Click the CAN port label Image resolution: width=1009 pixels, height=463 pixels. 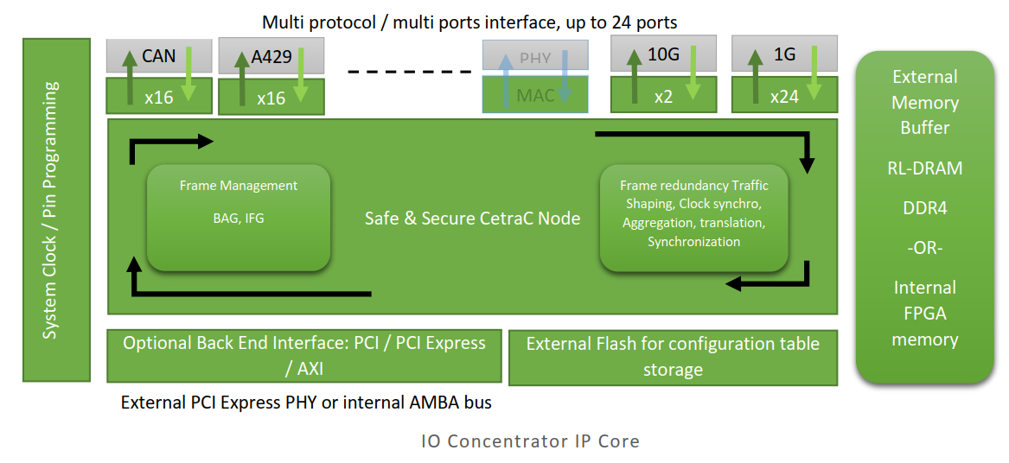[159, 56]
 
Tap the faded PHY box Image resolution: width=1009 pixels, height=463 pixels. [535, 59]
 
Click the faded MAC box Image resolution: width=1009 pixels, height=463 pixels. [535, 95]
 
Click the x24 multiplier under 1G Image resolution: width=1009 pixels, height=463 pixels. [784, 97]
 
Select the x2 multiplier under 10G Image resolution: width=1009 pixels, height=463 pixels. [663, 97]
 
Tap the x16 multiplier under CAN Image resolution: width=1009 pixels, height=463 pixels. [159, 97]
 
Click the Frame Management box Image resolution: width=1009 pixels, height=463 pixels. [238, 217]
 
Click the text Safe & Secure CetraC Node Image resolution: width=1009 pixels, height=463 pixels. [472, 218]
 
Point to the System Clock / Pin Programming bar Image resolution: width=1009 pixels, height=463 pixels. [56, 209]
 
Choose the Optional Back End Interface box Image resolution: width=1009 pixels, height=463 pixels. [303, 355]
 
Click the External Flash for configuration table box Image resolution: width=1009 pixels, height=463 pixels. [673, 356]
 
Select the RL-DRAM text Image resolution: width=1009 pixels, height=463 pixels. [924, 168]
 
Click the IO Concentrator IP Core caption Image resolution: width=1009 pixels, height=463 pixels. [530, 441]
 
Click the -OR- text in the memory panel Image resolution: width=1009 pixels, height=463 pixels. [924, 248]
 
